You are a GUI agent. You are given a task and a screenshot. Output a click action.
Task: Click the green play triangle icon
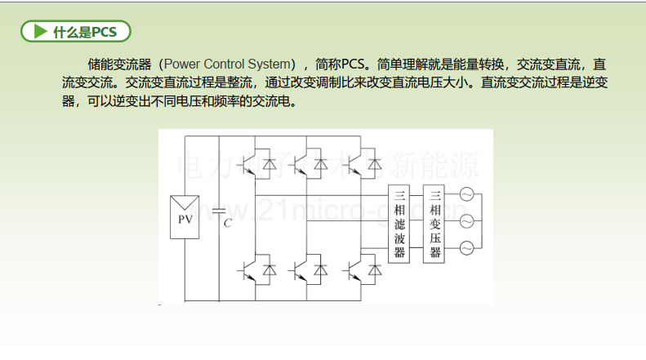40,31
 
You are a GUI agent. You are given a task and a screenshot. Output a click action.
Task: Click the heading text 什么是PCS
85,32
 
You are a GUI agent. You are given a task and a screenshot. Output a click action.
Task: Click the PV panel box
185,217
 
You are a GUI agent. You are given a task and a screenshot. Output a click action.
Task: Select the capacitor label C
227,223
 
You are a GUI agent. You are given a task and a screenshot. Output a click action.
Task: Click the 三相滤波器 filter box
399,224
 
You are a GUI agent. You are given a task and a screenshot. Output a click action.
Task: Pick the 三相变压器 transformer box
434,224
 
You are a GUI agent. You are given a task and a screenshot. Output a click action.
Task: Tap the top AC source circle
467,194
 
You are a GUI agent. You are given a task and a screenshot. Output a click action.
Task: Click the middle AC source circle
467,221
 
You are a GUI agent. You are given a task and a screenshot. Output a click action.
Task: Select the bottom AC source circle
467,248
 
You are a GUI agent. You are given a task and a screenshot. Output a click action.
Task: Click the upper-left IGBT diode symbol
270,164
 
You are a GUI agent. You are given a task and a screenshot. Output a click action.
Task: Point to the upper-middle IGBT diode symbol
320,164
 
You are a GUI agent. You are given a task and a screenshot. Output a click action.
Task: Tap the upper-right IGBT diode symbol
375,164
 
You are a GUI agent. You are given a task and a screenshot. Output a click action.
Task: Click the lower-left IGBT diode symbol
270,269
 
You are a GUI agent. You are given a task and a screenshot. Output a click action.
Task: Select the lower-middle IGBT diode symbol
320,269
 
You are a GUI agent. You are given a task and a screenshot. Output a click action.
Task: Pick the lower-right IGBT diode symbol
375,269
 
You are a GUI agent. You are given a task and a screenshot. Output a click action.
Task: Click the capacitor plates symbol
219,211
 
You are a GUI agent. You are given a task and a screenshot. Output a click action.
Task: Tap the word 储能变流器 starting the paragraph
119,64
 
